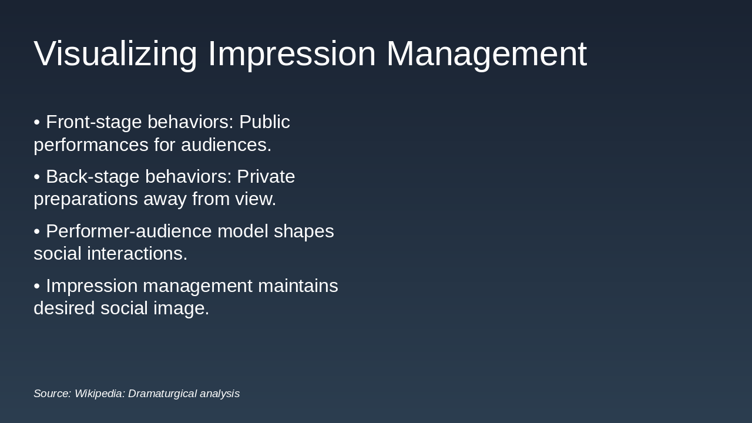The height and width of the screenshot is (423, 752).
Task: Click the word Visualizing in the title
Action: click(x=115, y=53)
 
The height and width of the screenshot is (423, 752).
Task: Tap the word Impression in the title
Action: click(x=291, y=53)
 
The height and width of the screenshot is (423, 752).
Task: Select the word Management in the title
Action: click(x=486, y=53)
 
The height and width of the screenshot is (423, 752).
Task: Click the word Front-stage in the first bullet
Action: click(x=94, y=122)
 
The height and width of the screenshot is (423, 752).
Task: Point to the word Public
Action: click(x=264, y=122)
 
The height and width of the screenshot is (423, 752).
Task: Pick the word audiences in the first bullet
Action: click(x=226, y=145)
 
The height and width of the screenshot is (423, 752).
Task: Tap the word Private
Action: click(x=266, y=177)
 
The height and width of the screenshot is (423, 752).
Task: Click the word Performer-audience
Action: click(x=129, y=231)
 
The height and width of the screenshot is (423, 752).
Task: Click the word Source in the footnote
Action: click(x=52, y=394)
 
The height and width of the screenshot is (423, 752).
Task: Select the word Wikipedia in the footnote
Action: click(x=99, y=394)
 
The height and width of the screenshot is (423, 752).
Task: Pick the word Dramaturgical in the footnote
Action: click(x=162, y=394)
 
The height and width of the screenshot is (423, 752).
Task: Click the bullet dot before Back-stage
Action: click(x=37, y=177)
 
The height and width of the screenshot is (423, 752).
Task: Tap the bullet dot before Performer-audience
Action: click(x=37, y=232)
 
